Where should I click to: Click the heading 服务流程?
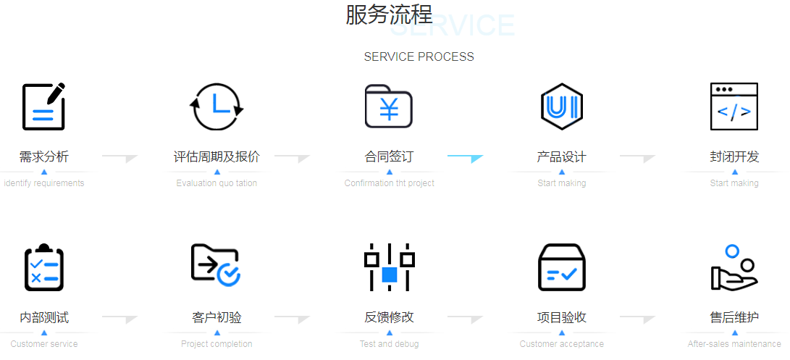[389, 14]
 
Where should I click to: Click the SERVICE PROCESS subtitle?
[419, 56]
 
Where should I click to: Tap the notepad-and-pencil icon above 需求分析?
[43, 106]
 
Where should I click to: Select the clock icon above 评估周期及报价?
[217, 106]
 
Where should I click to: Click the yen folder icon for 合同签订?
[389, 106]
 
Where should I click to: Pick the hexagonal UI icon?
[562, 106]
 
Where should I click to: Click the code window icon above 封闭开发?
[734, 106]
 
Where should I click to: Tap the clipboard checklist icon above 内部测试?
[43, 267]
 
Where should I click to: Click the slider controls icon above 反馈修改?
[389, 267]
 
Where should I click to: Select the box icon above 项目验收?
[562, 267]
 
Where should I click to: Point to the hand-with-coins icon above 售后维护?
[733, 267]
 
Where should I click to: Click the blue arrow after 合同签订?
[465, 157]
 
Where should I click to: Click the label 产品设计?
[562, 156]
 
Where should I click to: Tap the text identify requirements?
[44, 183]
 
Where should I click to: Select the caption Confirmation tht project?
[389, 183]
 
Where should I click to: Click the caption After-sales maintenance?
[734, 344]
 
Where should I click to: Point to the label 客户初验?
[217, 317]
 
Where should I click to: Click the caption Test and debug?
[389, 344]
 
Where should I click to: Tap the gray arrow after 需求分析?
[119, 157]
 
